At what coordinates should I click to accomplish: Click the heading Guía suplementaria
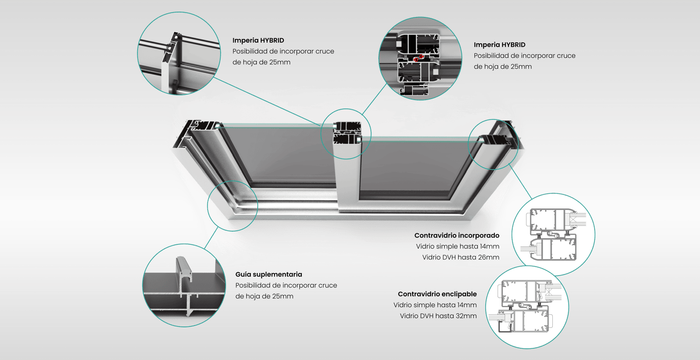pyautogui.click(x=268, y=274)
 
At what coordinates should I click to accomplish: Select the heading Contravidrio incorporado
pyautogui.click(x=456, y=236)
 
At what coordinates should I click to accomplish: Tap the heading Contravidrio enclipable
pyautogui.click(x=437, y=294)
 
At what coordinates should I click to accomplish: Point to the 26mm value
pyautogui.click(x=489, y=257)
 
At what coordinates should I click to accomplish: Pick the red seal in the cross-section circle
pyautogui.click(x=416, y=59)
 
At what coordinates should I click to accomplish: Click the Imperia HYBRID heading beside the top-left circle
pyautogui.click(x=258, y=40)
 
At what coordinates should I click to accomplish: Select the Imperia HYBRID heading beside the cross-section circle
pyautogui.click(x=499, y=45)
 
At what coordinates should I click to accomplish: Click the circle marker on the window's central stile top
pyautogui.click(x=346, y=134)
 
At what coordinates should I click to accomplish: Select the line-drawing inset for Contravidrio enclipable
pyautogui.click(x=527, y=307)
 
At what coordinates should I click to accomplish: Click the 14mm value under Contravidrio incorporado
pyautogui.click(x=489, y=247)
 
